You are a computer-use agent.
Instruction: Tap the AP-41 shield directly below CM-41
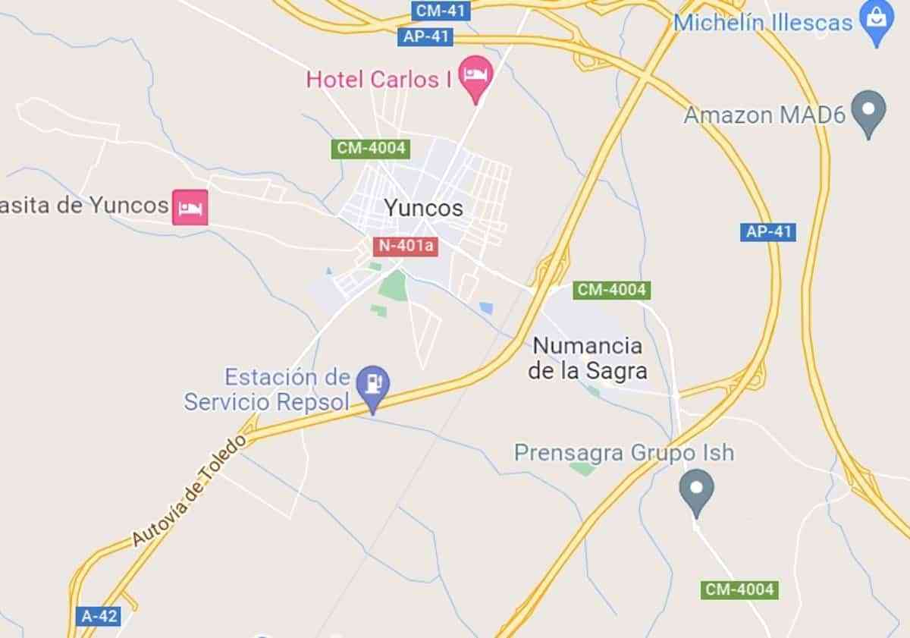(425, 36)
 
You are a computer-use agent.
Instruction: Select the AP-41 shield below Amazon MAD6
(767, 231)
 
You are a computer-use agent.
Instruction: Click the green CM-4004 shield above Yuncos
(371, 149)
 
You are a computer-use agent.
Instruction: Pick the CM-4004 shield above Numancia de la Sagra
(611, 290)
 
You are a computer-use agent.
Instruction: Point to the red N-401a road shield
(406, 246)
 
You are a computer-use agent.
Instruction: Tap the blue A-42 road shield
(99, 615)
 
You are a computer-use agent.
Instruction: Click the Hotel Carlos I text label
(373, 80)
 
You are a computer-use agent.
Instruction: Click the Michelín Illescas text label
(763, 23)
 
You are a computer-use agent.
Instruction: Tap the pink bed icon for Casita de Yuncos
(190, 206)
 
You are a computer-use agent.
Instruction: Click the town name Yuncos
(422, 208)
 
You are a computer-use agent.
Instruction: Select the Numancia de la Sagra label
(588, 358)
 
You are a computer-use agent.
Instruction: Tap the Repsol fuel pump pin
(372, 385)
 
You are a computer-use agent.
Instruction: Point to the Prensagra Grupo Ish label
(624, 453)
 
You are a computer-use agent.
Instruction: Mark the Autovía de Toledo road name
(190, 490)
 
